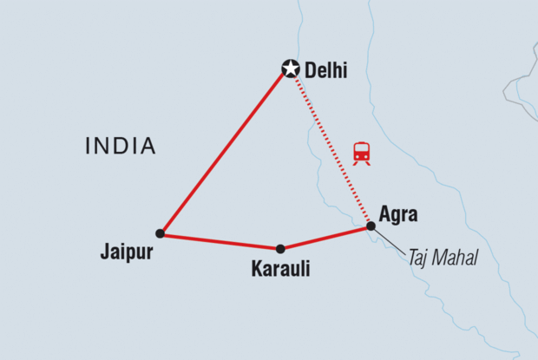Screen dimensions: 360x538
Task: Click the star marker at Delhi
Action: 290,68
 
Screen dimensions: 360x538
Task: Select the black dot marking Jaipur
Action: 160,233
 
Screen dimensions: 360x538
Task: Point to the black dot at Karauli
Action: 280,249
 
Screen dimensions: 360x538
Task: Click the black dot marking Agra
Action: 371,226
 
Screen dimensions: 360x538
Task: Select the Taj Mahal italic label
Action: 443,258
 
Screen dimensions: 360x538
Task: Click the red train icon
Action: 362,154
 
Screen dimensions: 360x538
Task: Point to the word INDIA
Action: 121,147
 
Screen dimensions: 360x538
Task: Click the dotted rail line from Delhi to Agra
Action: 331,147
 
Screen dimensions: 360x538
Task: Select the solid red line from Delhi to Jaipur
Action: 224,151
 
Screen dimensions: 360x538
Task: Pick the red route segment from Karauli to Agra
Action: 325,238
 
